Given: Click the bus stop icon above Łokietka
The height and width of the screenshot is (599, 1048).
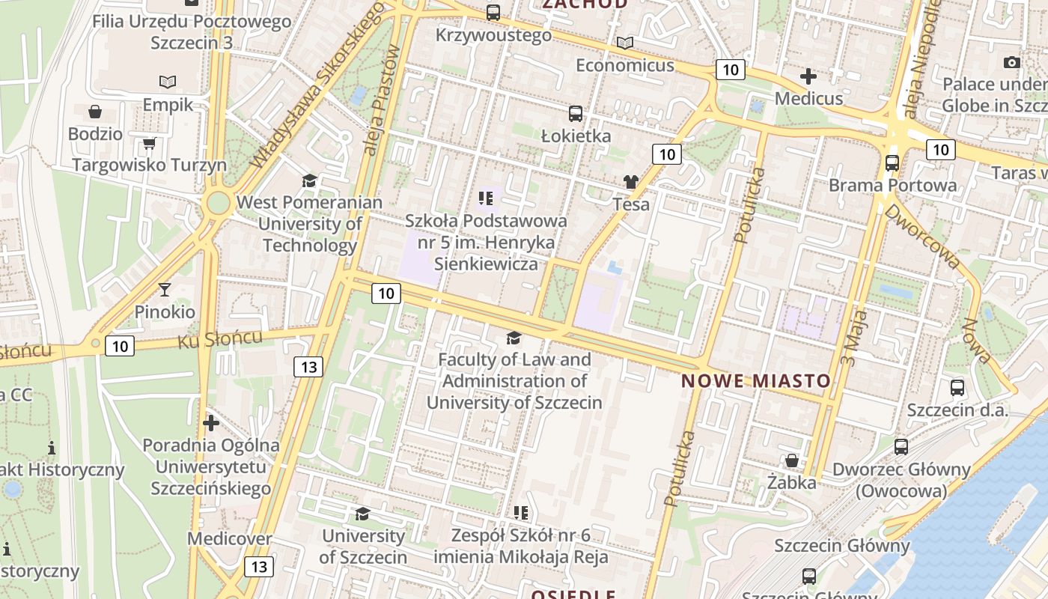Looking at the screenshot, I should pyautogui.click(x=575, y=114).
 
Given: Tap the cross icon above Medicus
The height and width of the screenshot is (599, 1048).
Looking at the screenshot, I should pyautogui.click(x=808, y=76).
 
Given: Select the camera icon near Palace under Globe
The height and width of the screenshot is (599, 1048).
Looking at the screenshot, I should pyautogui.click(x=1012, y=62).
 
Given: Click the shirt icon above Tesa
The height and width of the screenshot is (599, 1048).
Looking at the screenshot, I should pyautogui.click(x=631, y=182).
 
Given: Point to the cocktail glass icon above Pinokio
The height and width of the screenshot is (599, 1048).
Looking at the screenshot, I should pyautogui.click(x=165, y=290).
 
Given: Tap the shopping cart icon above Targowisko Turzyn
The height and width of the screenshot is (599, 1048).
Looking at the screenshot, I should pyautogui.click(x=149, y=143).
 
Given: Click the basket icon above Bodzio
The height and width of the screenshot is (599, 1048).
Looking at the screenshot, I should pyautogui.click(x=95, y=112).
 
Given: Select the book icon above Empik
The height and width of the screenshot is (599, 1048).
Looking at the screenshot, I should pyautogui.click(x=168, y=82).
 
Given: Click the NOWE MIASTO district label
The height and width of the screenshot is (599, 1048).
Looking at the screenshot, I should pyautogui.click(x=756, y=381).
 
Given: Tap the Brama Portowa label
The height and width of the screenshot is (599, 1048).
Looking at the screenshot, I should pyautogui.click(x=892, y=185).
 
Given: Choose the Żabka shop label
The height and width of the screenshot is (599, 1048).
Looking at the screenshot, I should pyautogui.click(x=791, y=483).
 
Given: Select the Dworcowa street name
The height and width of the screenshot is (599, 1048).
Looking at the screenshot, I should pyautogui.click(x=922, y=236).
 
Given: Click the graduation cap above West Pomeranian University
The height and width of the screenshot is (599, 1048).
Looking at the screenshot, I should pyautogui.click(x=309, y=180).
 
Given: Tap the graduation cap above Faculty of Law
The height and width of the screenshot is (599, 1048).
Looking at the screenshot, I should pyautogui.click(x=514, y=338).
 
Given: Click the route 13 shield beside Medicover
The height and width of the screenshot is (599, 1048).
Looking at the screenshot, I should pyautogui.click(x=258, y=567).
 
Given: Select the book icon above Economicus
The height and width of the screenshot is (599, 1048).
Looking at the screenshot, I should pyautogui.click(x=624, y=43).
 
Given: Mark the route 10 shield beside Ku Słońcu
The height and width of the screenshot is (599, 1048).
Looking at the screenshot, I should pyautogui.click(x=120, y=345).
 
